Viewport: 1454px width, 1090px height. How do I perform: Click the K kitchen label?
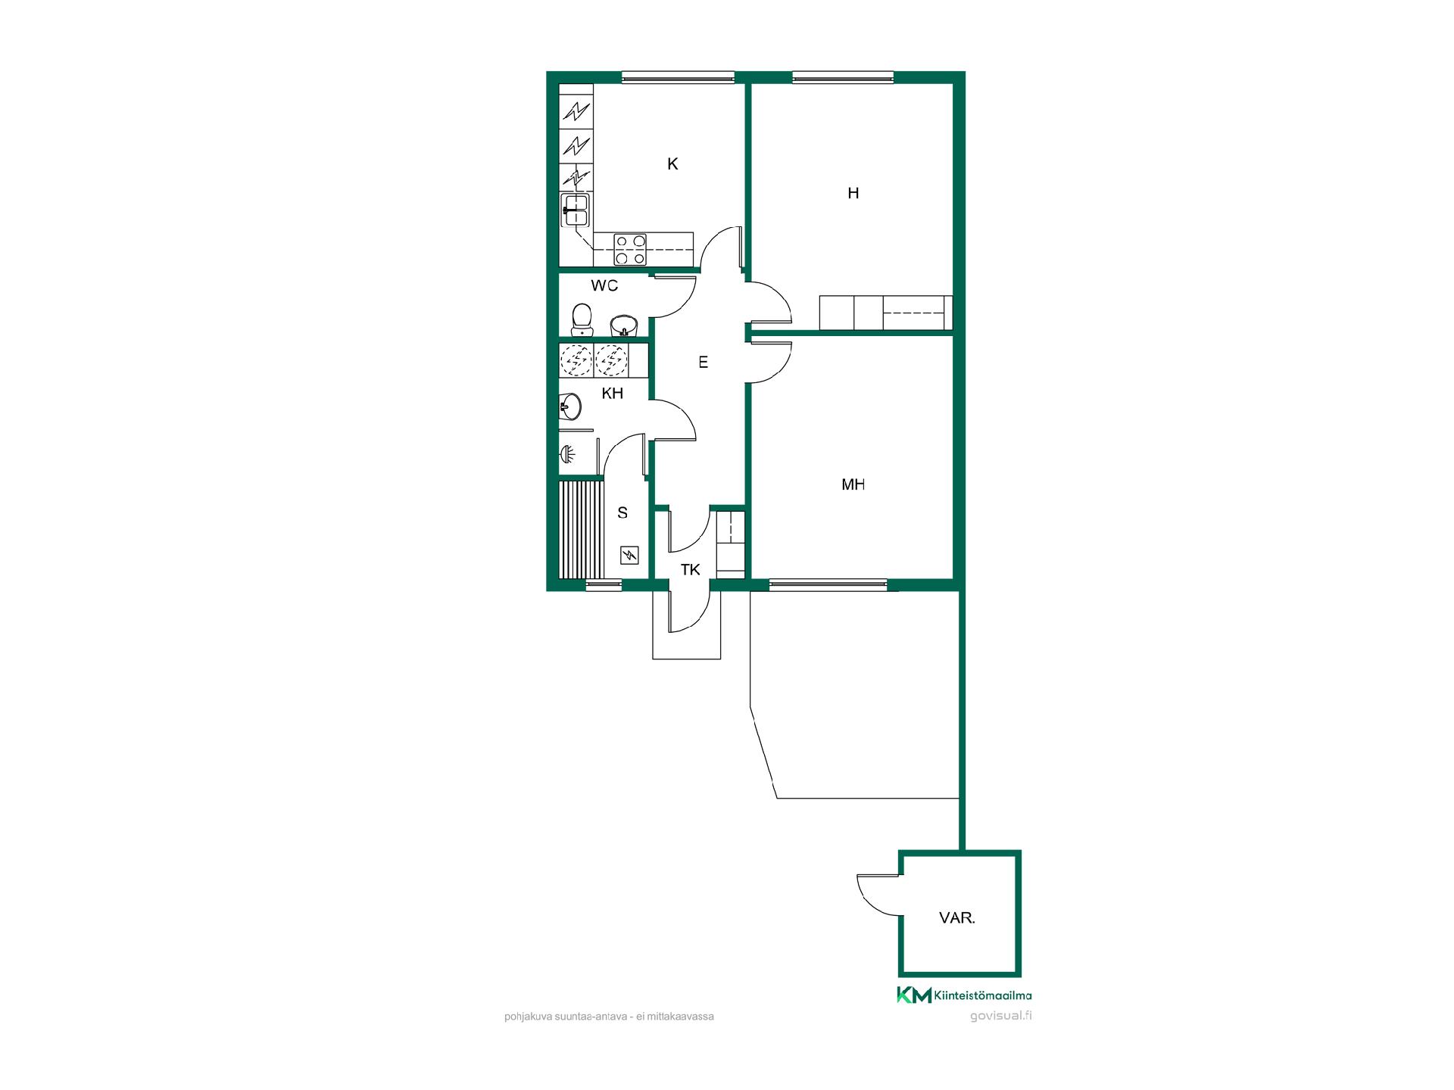[x=672, y=164]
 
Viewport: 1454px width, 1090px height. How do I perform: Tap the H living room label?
[x=853, y=194]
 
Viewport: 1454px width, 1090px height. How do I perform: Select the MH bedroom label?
[x=853, y=485]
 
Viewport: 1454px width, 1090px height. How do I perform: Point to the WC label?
[x=604, y=286]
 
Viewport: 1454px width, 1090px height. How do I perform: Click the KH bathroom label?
[x=612, y=394]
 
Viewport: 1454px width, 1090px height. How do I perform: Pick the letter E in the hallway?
[x=704, y=363]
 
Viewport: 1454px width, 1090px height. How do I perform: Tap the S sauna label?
[x=622, y=513]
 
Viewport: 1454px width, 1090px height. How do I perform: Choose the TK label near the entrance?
[x=690, y=570]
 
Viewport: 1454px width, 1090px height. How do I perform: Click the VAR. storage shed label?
[x=957, y=918]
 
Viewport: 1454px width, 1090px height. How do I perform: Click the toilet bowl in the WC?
[x=582, y=319]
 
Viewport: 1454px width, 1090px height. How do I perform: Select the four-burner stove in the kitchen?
[x=630, y=250]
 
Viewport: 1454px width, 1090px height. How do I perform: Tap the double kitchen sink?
[x=575, y=210]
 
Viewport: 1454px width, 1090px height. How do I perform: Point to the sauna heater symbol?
[x=629, y=556]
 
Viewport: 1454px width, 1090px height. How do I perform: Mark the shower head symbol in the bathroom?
[x=568, y=455]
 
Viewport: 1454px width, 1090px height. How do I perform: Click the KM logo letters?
[x=914, y=995]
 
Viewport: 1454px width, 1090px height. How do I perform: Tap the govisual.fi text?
[x=1001, y=1016]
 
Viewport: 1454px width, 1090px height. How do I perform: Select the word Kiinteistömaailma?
[x=982, y=995]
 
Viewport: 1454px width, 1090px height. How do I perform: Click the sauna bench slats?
[x=580, y=530]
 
